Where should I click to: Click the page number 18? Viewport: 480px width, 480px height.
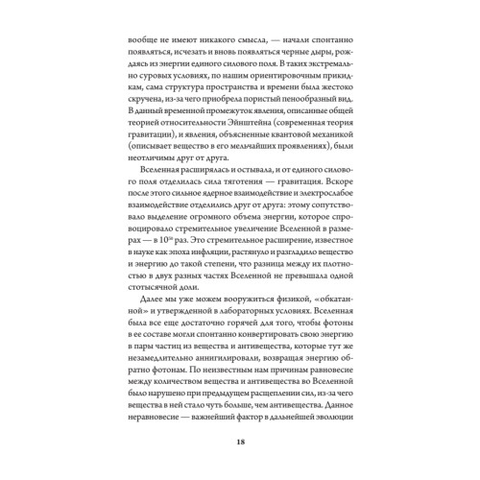[x=240, y=441]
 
